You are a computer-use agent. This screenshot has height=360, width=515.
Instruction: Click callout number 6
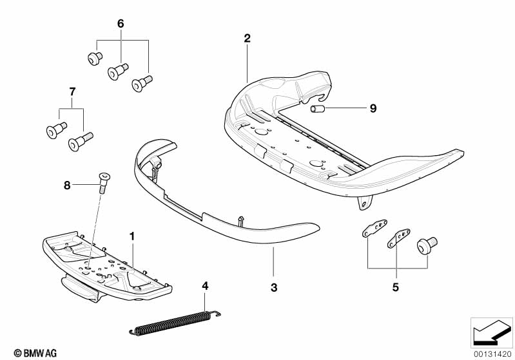coord(120,24)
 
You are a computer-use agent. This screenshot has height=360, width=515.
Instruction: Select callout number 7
coord(72,92)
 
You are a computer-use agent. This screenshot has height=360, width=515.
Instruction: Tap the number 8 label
coord(67,185)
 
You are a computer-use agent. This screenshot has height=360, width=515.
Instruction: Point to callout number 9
coord(372,109)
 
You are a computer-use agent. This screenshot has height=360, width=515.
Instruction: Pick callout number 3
coord(273,288)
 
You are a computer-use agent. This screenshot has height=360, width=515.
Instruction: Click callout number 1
coord(132,236)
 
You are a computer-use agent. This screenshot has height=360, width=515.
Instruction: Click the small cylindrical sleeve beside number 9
coord(317,109)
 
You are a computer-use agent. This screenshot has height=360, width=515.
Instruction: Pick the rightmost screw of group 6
coord(141,84)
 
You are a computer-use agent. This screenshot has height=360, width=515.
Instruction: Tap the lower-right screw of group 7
coord(82,139)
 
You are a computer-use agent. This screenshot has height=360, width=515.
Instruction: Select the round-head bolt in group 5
coord(426,245)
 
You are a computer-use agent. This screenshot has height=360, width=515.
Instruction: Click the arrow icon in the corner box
coord(491,332)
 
